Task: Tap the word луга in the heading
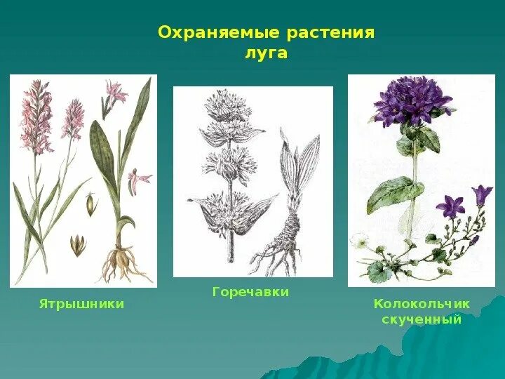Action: point(267,53)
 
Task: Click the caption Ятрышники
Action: point(81,304)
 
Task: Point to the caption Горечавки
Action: point(250,292)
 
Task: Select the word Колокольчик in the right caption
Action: point(421,304)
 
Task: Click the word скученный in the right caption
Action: point(421,319)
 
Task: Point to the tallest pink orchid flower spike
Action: point(36,116)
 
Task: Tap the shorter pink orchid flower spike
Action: point(72,119)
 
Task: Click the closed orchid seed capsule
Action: point(90,204)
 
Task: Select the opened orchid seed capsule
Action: point(78,245)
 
